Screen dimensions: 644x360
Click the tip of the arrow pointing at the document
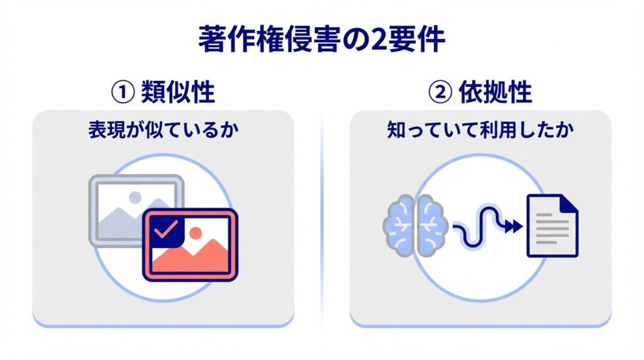tap(523, 226)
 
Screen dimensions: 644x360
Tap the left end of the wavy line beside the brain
tap(453, 226)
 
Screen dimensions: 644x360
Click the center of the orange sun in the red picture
tap(196, 233)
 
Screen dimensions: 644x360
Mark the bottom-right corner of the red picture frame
tap(237, 281)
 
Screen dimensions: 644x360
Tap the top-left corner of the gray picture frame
tap(89, 176)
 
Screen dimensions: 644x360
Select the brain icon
tap(416, 225)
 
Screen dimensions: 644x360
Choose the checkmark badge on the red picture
tap(166, 232)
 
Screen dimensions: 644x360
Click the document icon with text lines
tap(552, 225)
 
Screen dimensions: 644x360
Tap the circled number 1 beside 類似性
tap(123, 92)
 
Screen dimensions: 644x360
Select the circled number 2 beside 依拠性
tap(440, 92)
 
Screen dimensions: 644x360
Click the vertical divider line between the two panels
tap(322, 222)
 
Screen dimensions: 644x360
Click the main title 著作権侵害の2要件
tap(321, 40)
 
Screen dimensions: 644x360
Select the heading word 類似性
tap(178, 92)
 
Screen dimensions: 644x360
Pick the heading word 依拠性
tap(496, 92)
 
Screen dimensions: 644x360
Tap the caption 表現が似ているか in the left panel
tap(164, 130)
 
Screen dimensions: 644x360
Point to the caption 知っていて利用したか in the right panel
tap(480, 130)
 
